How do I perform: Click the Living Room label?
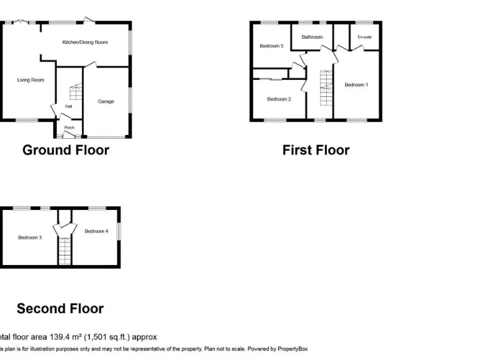[31, 80]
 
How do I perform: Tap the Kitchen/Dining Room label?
[85, 42]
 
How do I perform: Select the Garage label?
[106, 101]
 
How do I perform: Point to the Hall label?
[69, 106]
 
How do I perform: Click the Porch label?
[69, 128]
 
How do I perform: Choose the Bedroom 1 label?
[356, 85]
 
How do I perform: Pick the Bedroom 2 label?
[279, 99]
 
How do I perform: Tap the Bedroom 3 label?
[29, 237]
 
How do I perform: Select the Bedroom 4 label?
[96, 231]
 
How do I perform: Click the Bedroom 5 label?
[271, 46]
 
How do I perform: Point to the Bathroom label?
[312, 37]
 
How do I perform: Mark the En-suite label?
[364, 37]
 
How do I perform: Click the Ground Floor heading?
[66, 150]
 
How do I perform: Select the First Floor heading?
[316, 150]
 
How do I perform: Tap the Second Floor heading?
[60, 309]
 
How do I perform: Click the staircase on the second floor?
[65, 251]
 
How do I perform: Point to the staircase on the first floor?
[324, 89]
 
